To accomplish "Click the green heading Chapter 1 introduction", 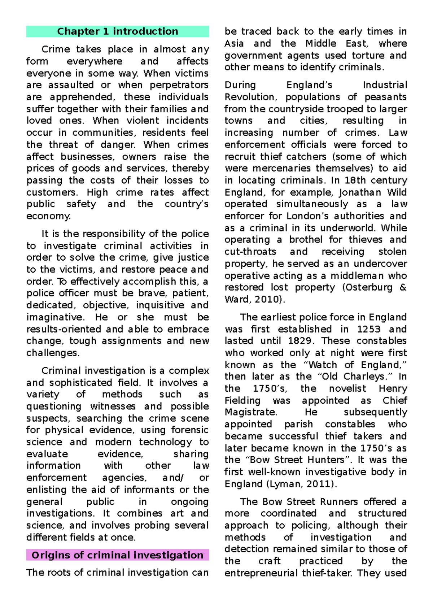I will click(117, 31).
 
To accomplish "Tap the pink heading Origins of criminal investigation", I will click(117, 555).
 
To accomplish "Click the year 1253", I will click(369, 329).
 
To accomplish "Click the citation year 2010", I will click(268, 299).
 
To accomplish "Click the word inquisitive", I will click(160, 305).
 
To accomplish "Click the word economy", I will click(48, 216).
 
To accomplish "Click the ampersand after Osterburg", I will click(403, 287).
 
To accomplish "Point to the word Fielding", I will click(242, 400).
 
